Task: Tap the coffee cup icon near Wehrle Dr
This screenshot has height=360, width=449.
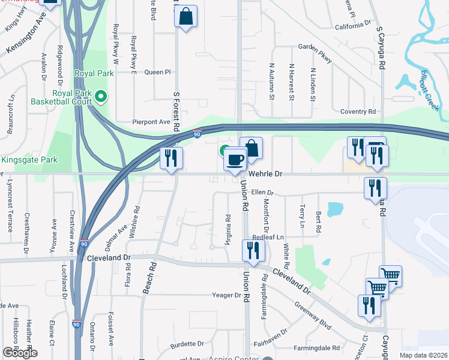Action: coord(235,160)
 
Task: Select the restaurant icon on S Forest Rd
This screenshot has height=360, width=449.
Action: coord(172,158)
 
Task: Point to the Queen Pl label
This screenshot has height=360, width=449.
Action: coord(158,72)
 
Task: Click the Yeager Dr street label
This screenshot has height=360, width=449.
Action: coord(226,295)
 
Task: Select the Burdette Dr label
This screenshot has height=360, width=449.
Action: coord(187,344)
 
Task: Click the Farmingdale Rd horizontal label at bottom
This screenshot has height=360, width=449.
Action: coord(319,347)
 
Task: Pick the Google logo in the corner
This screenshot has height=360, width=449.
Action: coord(20,353)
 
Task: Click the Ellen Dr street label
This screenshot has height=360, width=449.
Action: coord(262,193)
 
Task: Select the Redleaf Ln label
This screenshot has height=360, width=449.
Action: coord(268,238)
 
